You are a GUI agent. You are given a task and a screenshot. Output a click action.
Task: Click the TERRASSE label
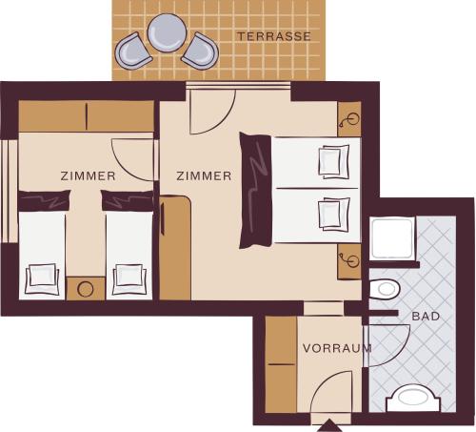click(x=274, y=36)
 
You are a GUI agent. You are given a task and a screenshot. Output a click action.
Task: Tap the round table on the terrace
click(x=167, y=32)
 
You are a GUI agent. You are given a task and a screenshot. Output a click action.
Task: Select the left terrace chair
click(x=133, y=51)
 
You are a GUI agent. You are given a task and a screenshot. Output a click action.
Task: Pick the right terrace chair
click(x=201, y=51)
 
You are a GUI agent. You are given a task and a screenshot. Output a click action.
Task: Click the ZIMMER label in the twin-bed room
click(x=88, y=175)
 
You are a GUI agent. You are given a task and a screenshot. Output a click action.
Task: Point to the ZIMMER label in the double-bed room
click(x=204, y=175)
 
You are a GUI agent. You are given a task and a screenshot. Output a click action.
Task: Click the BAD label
click(x=426, y=317)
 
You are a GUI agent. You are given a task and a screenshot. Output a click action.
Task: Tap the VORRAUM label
click(x=337, y=348)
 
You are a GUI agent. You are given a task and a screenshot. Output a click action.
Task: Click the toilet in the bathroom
click(x=385, y=289)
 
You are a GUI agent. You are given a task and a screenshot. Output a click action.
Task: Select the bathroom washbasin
click(x=413, y=398)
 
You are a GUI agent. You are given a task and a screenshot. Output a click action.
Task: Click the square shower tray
click(x=392, y=237)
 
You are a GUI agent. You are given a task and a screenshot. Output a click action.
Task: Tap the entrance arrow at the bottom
click(x=329, y=425)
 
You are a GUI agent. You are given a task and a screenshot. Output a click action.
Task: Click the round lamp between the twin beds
click(x=86, y=289)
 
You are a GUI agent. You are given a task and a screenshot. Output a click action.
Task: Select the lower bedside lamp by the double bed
click(x=349, y=260)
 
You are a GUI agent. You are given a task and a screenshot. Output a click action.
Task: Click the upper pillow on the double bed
click(x=334, y=161)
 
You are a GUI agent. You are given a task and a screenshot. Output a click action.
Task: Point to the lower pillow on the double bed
click(x=334, y=215)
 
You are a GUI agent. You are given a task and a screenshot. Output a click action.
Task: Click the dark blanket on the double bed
click(x=255, y=190)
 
